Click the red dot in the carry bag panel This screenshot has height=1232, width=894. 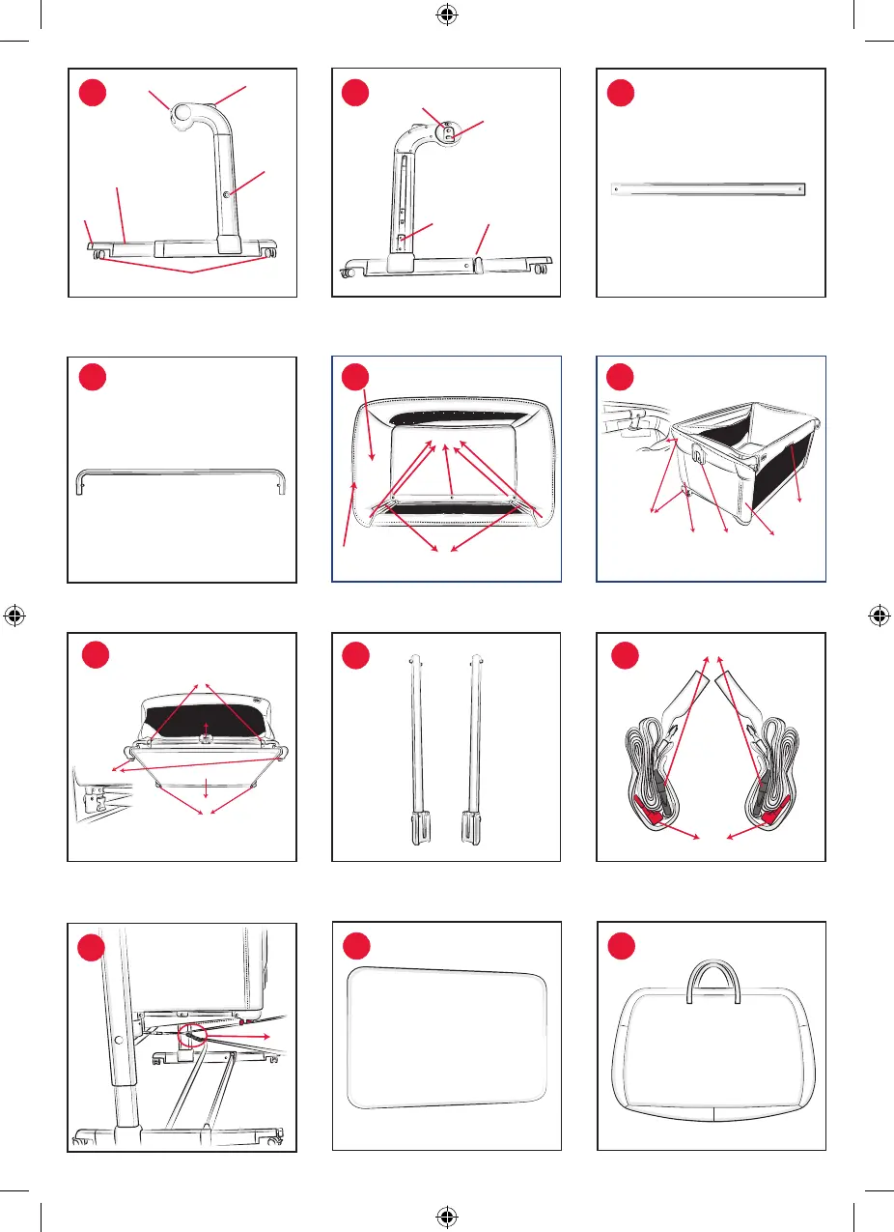tap(623, 945)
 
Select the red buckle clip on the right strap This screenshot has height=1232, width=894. tap(772, 817)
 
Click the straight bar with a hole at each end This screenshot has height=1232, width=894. tap(710, 190)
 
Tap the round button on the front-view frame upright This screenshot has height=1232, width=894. tap(226, 194)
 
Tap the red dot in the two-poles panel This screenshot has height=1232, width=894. tap(358, 659)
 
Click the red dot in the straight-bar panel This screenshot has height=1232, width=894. tap(623, 93)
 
